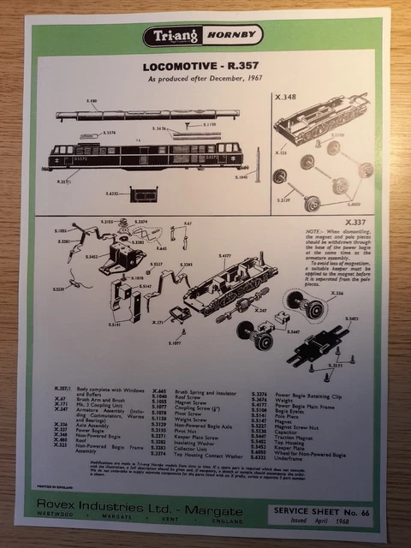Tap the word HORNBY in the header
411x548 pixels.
(x=226, y=38)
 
